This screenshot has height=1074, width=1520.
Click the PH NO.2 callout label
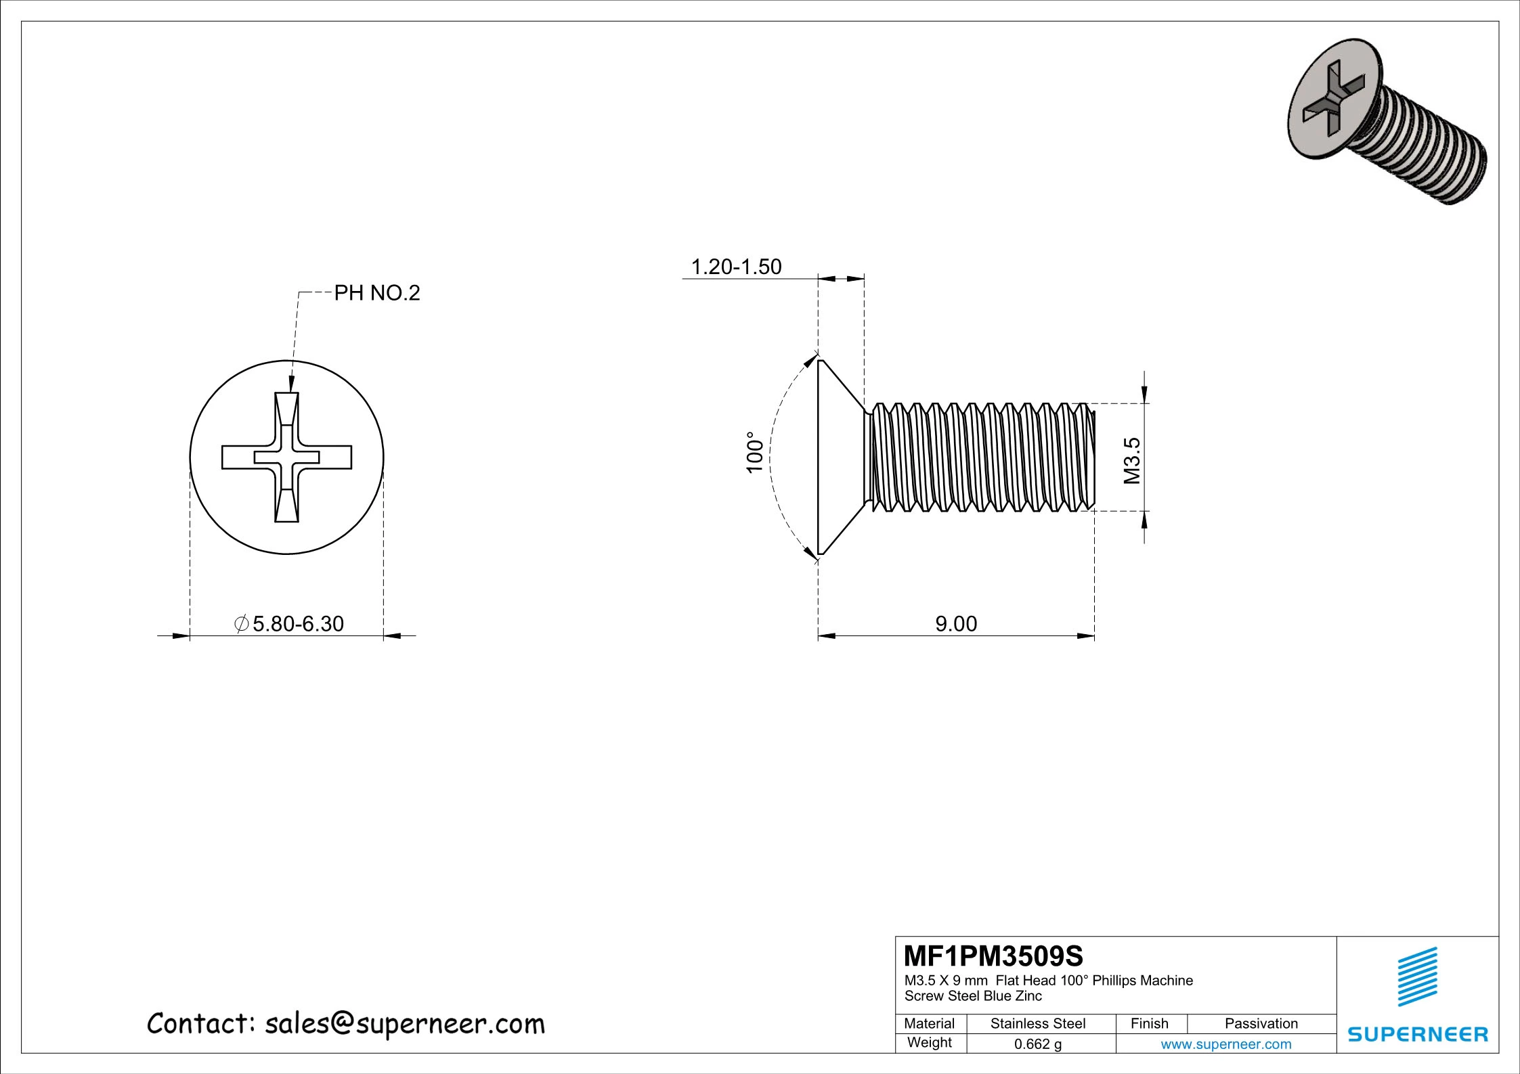377,293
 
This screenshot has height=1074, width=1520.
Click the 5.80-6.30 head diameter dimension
298,623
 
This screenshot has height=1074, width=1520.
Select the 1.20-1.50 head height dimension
736,267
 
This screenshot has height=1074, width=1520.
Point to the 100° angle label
755,452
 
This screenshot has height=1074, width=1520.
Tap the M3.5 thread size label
1132,460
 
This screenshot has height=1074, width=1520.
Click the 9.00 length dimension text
956,623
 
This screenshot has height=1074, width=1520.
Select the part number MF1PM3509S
993,956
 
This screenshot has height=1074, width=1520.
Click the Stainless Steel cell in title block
1037,1023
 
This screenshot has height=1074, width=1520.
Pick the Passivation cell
1261,1023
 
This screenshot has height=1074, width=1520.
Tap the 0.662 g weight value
1037,1044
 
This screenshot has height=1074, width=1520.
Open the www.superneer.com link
1225,1044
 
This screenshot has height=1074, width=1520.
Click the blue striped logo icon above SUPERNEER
1418,977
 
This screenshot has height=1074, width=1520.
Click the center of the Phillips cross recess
286,457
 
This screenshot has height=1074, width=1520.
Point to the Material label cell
929,1023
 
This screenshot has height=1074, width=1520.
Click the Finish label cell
1149,1023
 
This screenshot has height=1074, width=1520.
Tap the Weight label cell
929,1043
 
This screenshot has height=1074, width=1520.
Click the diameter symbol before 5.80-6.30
241,623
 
